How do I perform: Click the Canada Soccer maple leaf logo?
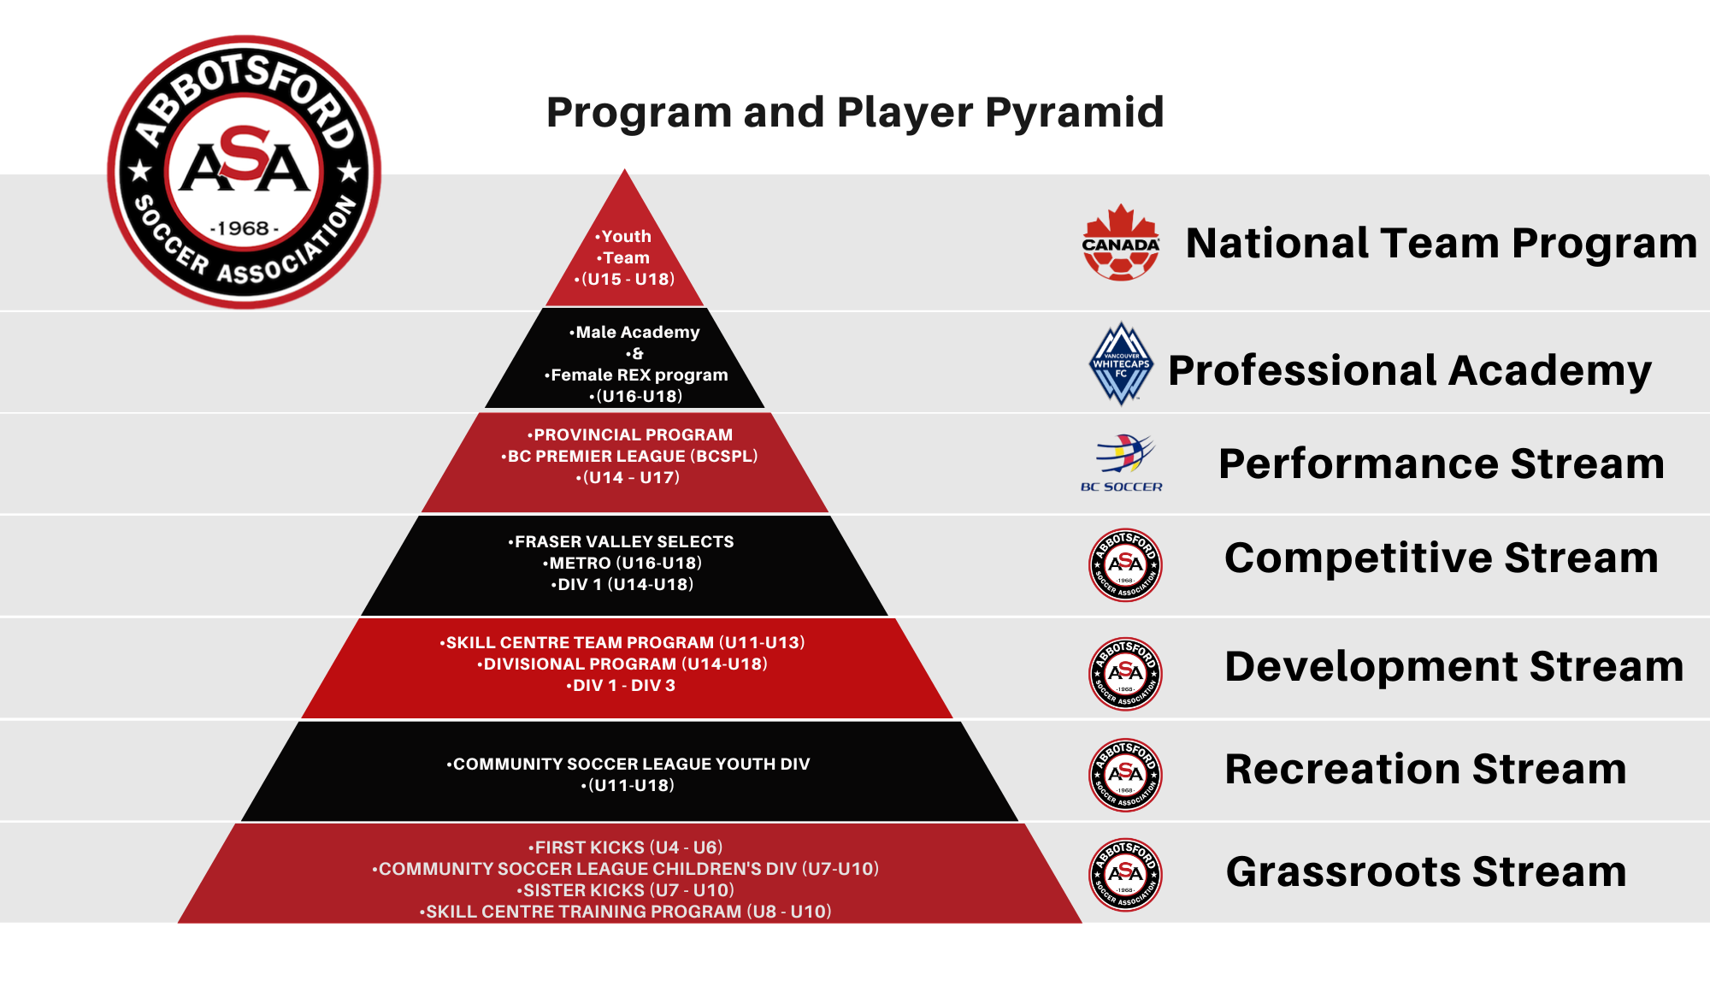[1121, 243]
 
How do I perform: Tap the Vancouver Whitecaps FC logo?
[1122, 363]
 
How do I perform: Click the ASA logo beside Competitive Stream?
[1125, 564]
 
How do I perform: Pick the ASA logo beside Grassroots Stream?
[1125, 874]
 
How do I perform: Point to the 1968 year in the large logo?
[245, 228]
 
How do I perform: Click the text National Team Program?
[1442, 244]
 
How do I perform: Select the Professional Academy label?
[1410, 372]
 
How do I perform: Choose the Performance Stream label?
[1442, 464]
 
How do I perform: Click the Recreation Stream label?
[1425, 769]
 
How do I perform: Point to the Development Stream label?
[1454, 666]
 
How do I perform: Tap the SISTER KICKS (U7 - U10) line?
[628, 890]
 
